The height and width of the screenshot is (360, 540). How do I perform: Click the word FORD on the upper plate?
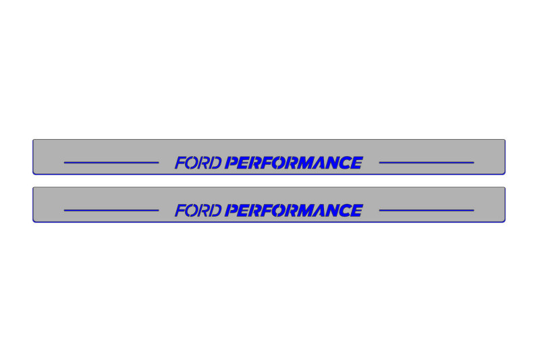pos(198,163)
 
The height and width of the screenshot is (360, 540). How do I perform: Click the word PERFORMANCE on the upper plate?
pos(294,163)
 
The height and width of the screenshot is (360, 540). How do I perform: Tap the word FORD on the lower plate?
pos(198,211)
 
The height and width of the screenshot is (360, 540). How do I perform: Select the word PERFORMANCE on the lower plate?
pos(294,211)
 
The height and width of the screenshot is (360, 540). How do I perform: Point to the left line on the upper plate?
pos(111,163)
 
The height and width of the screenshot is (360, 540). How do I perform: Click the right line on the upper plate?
pos(427,163)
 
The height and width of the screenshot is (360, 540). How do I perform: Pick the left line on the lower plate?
pos(111,211)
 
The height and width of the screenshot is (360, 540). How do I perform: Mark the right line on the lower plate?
pos(427,211)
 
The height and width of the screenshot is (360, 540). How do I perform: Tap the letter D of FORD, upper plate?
pos(215,163)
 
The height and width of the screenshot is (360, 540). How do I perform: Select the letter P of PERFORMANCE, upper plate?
pos(232,163)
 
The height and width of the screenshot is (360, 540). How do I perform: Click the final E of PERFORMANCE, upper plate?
pos(356,163)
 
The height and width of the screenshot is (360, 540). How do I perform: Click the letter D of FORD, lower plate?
pos(215,211)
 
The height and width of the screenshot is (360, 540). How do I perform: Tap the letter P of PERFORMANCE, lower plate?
pos(232,211)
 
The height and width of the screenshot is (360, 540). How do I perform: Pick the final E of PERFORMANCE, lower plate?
pos(356,211)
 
